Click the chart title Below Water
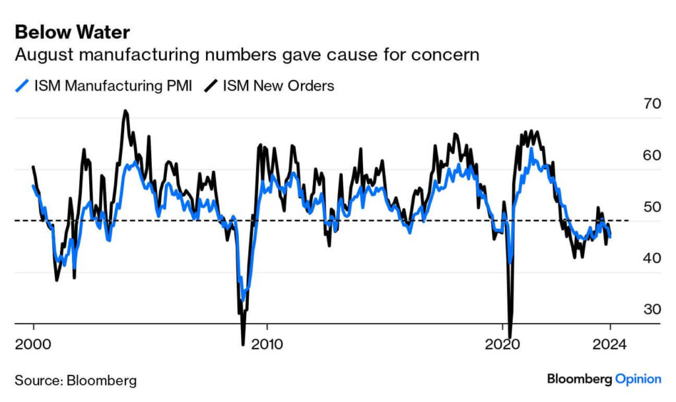[72, 32]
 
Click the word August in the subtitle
[41, 55]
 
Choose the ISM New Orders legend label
[278, 86]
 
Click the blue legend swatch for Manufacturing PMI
[22, 86]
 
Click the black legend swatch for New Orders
[211, 86]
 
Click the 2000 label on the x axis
[32, 344]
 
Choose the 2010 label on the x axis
[267, 344]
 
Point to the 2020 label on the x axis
[502, 344]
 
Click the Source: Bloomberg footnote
[76, 380]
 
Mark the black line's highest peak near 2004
[125, 110]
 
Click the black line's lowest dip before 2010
[243, 343]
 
